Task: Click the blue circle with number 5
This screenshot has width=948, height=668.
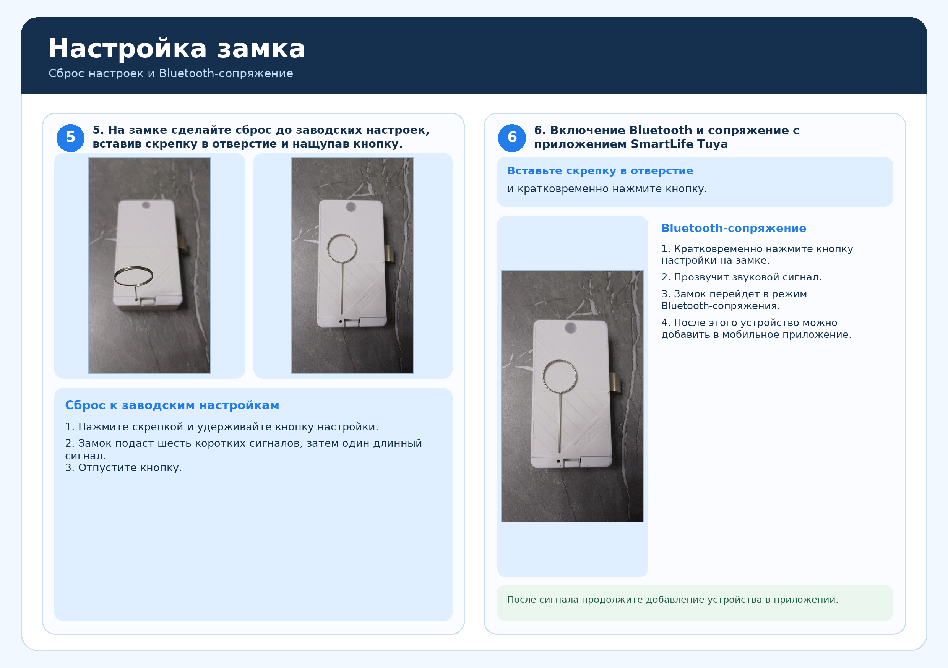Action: [71, 138]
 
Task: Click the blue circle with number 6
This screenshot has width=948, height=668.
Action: [512, 138]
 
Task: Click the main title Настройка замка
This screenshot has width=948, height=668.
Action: [177, 49]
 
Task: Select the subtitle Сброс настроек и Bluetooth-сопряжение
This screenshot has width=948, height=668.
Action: [170, 73]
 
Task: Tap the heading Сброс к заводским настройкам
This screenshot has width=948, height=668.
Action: [172, 405]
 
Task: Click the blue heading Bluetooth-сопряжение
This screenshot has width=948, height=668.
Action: [734, 228]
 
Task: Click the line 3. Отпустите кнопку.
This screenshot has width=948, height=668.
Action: [123, 468]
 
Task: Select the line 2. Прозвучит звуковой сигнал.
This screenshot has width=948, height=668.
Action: [741, 277]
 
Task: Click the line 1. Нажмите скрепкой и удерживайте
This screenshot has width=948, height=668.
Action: [222, 427]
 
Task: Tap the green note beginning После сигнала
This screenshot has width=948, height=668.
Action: [673, 600]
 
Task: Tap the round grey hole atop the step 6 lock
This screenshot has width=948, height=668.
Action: [571, 328]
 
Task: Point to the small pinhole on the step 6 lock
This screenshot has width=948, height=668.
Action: [558, 461]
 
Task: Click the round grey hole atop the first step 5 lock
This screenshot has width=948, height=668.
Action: [146, 205]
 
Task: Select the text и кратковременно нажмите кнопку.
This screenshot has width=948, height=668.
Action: [607, 189]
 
